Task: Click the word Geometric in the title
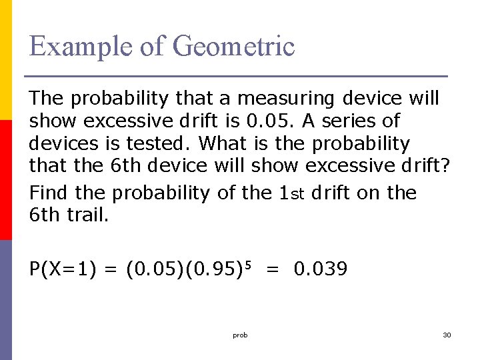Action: tap(233, 47)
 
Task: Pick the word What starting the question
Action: tap(223, 143)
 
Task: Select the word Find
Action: tap(49, 193)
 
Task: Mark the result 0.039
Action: tap(320, 269)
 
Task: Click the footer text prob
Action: tap(240, 335)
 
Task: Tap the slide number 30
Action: tap(447, 335)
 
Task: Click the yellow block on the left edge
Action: tap(5, 60)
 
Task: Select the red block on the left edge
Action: tap(5, 180)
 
